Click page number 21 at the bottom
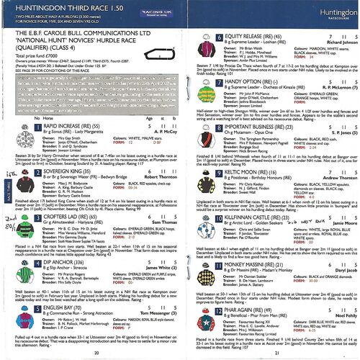276,353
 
